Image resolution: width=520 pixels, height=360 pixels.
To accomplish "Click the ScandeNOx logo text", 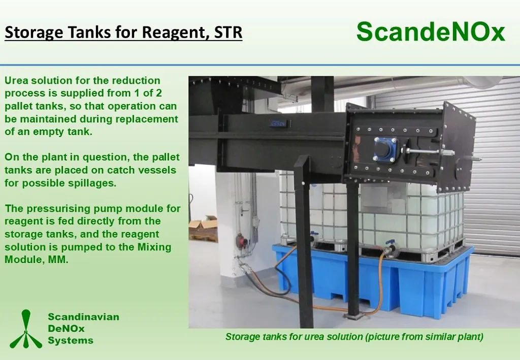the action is tap(431, 31).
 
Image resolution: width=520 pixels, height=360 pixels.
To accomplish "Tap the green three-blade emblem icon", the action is tap(26, 329).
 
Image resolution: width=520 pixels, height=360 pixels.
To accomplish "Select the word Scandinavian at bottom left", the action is tap(84, 316).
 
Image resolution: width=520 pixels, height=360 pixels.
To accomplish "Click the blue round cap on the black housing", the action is tap(385, 149).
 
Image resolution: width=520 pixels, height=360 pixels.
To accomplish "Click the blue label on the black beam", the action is tap(277, 124).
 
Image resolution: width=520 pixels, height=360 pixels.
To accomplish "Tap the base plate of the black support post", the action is tap(354, 316).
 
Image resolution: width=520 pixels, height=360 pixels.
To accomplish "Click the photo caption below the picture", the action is tap(354, 337).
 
